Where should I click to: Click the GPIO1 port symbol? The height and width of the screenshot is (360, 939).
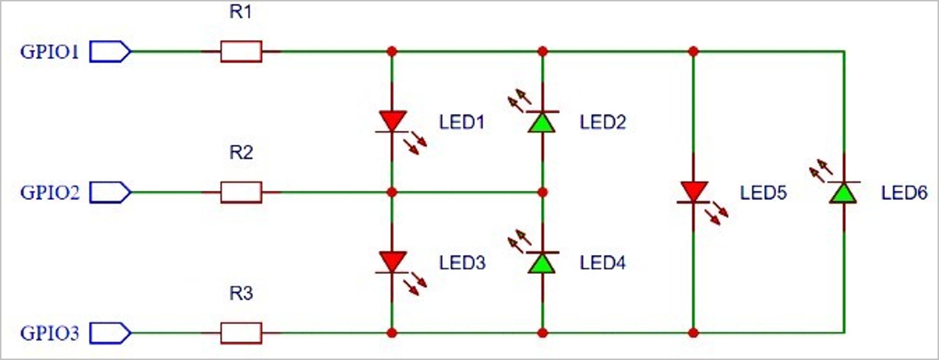click(x=110, y=52)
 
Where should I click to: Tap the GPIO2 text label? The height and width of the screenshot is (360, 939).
click(x=50, y=192)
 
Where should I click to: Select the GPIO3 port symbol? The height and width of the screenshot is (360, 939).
click(x=110, y=333)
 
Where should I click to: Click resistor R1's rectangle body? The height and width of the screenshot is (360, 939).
click(x=241, y=52)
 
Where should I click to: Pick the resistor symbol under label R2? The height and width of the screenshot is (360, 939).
click(x=241, y=192)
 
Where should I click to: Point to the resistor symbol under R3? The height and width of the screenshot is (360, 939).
click(x=241, y=333)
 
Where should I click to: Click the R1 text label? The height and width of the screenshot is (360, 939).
click(x=240, y=12)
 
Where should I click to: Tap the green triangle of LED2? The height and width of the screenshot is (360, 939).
click(x=542, y=123)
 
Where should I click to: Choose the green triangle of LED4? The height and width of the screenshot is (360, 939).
click(x=542, y=264)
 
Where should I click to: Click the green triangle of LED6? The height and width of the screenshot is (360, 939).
click(x=844, y=194)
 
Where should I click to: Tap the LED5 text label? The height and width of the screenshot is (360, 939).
click(x=763, y=193)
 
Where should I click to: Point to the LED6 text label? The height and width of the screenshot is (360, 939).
click(x=904, y=193)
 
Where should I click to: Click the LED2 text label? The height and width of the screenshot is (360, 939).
click(x=602, y=123)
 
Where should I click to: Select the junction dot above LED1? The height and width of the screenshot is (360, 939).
click(x=392, y=51)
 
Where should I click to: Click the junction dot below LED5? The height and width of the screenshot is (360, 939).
click(x=693, y=333)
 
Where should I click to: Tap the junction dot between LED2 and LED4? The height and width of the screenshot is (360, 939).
click(x=542, y=192)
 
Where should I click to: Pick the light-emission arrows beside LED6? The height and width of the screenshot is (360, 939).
click(x=821, y=170)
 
